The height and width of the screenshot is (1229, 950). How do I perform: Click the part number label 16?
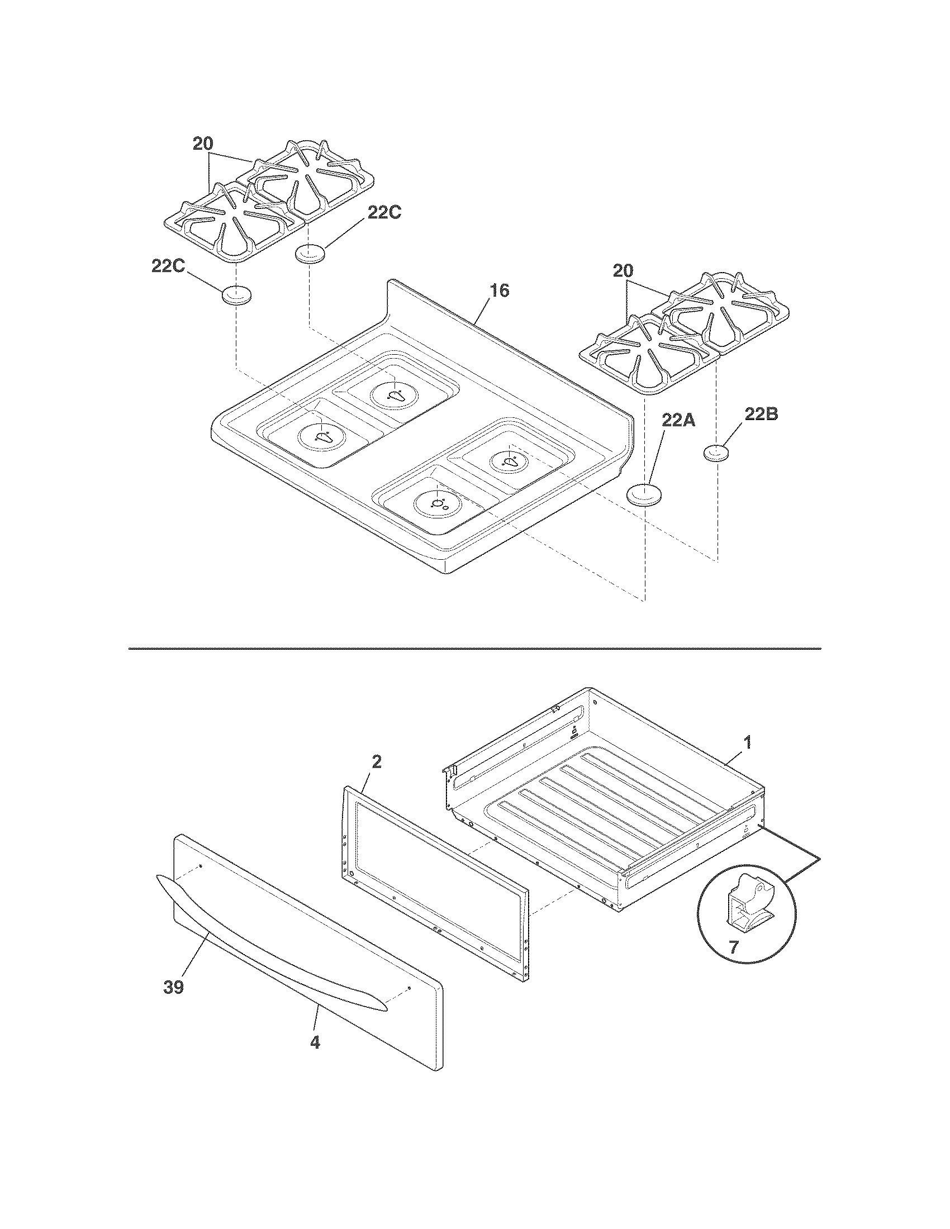pyautogui.click(x=499, y=291)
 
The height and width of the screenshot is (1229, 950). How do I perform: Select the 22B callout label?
pyautogui.click(x=761, y=415)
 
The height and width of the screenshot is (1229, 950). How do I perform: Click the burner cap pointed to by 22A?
pyautogui.click(x=644, y=495)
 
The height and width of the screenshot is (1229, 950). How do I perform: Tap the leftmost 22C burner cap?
pyautogui.click(x=236, y=295)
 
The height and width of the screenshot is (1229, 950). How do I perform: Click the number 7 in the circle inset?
pyautogui.click(x=733, y=947)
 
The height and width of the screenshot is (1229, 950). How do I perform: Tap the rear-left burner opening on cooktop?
pyautogui.click(x=395, y=394)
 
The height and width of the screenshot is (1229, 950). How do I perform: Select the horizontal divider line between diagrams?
pyautogui.click(x=474, y=649)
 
